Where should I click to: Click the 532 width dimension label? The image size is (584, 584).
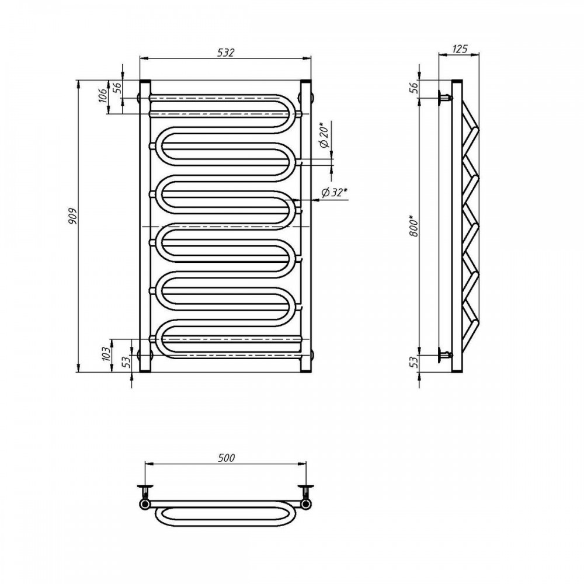pyautogui.click(x=225, y=53)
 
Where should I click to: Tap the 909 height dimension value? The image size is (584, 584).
pyautogui.click(x=72, y=216)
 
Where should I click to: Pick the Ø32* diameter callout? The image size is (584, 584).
pyautogui.click(x=334, y=192)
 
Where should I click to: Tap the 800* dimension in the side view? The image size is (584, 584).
pyautogui.click(x=414, y=226)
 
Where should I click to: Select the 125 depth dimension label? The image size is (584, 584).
pyautogui.click(x=459, y=48)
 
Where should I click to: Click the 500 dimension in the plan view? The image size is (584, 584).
pyautogui.click(x=226, y=457)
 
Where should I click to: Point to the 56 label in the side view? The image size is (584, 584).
pyautogui.click(x=415, y=88)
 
